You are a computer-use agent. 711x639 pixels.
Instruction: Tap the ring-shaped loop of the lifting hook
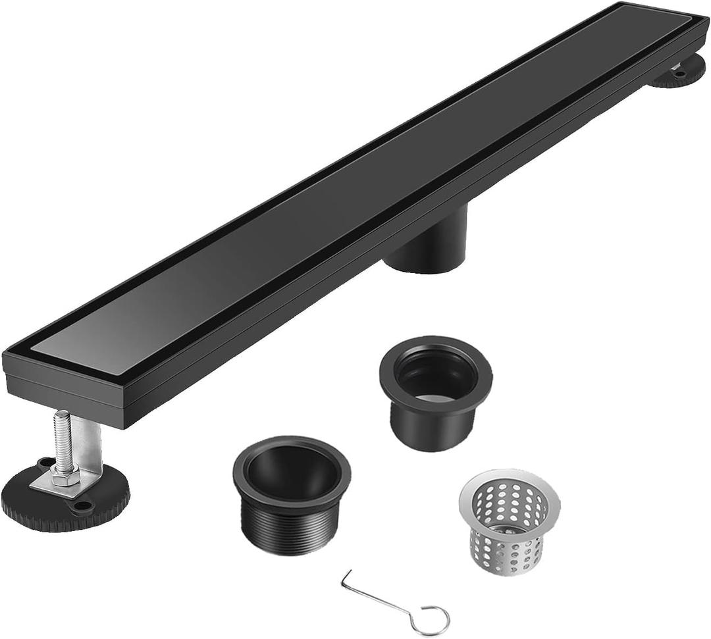click(432, 619)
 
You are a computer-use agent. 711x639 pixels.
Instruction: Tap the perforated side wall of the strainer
click(504, 533)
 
